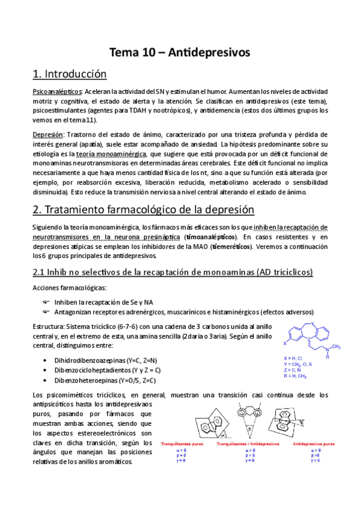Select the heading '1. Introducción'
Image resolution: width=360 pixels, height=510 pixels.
pyautogui.click(x=69, y=75)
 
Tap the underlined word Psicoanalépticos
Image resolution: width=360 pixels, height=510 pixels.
pyautogui.click(x=57, y=91)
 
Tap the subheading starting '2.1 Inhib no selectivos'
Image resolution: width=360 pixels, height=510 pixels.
pyautogui.click(x=172, y=272)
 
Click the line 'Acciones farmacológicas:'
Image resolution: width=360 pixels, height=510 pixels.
pyautogui.click(x=69, y=287)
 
